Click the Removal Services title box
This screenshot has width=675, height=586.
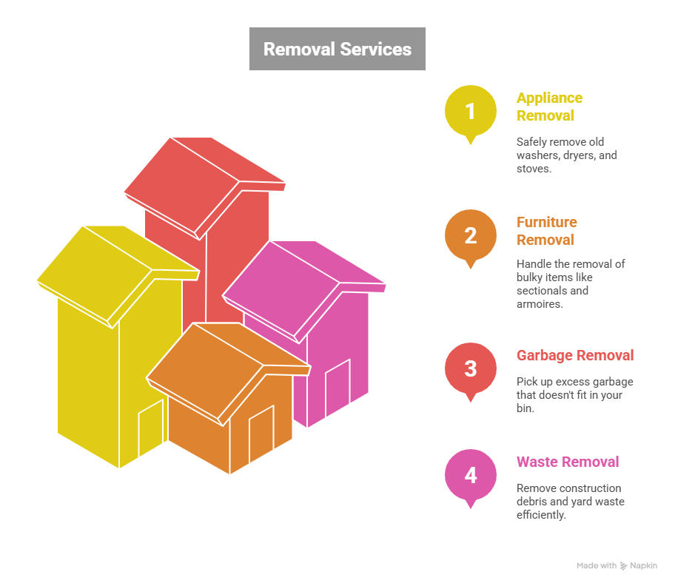[x=337, y=49]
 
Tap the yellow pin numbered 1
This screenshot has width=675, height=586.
[x=470, y=112]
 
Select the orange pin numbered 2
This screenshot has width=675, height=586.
[x=470, y=236]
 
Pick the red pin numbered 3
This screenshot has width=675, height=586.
[x=470, y=368]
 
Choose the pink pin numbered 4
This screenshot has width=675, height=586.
[x=470, y=475]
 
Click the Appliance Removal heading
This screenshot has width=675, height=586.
[x=549, y=107]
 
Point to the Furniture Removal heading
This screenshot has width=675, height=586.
[x=546, y=231]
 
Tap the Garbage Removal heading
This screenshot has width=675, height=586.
[x=574, y=355]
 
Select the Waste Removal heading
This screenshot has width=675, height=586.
[x=567, y=462]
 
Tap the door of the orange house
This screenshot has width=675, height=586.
[x=261, y=435]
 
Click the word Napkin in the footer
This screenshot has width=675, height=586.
[x=642, y=566]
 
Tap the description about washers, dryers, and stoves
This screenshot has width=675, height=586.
[x=566, y=155]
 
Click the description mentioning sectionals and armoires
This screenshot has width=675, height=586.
[x=570, y=283]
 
